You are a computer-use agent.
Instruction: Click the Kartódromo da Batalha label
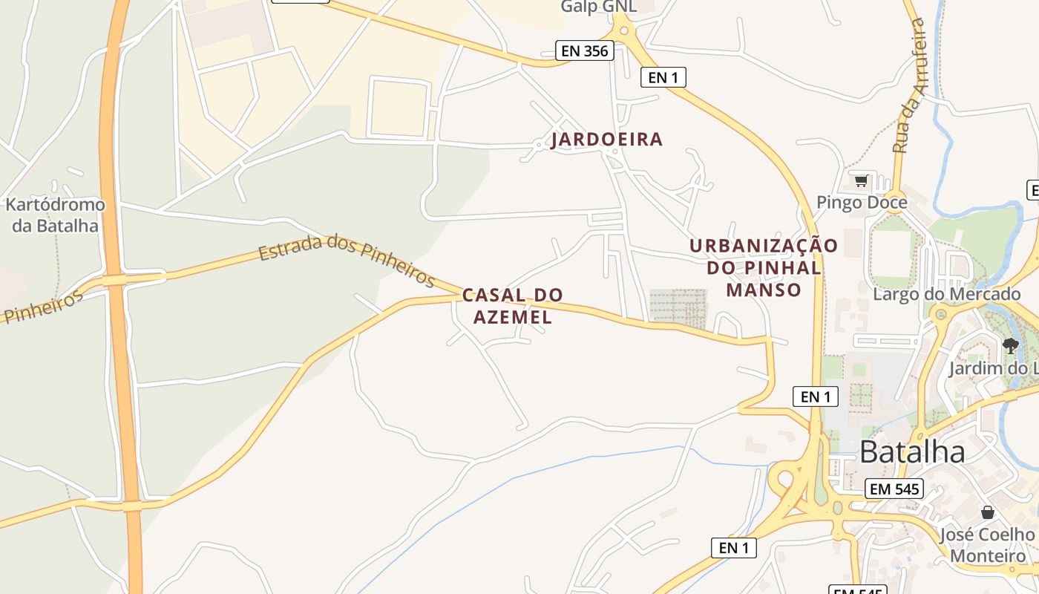(55, 215)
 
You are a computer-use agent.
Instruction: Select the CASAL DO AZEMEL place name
(513, 306)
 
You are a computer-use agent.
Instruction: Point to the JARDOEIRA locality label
(607, 140)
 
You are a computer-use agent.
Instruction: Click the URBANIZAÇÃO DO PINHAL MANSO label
(764, 267)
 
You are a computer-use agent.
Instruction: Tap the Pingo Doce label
(862, 202)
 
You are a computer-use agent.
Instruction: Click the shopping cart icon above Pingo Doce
(861, 180)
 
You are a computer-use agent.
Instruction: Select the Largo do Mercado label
(947, 294)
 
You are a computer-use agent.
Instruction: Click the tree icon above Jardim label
(1010, 345)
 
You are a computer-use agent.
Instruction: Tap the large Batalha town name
(912, 451)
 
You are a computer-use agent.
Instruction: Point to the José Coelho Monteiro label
(987, 545)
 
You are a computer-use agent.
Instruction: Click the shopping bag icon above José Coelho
(987, 512)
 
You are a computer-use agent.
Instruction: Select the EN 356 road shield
(585, 50)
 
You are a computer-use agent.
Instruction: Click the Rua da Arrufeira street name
(910, 85)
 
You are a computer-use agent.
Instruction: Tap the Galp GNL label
(599, 7)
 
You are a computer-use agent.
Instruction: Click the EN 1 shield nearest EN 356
(663, 76)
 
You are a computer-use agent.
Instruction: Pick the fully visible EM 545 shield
(894, 489)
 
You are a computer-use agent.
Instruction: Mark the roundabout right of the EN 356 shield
(623, 30)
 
